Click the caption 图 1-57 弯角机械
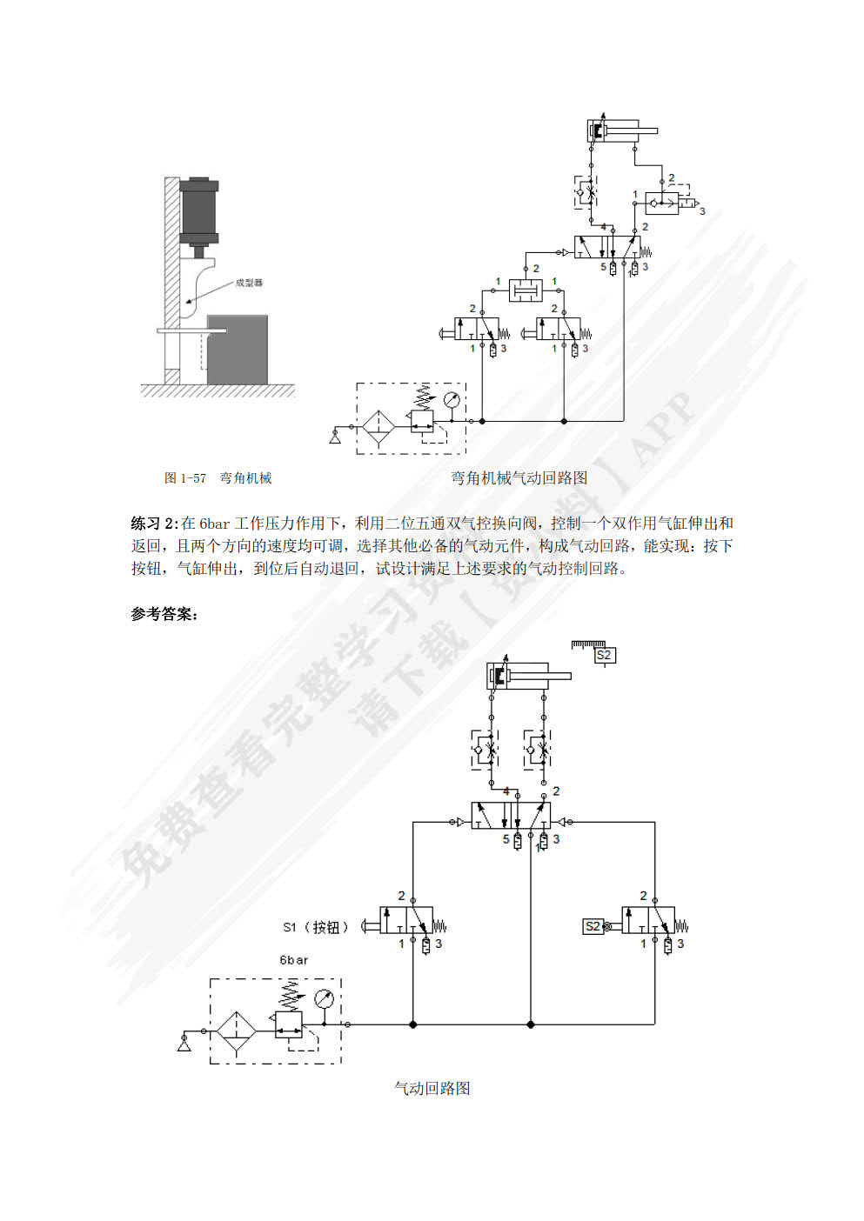(x=218, y=477)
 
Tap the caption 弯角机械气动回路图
(x=519, y=477)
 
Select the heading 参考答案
(x=164, y=614)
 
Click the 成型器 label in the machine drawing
(x=249, y=283)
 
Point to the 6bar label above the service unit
(x=293, y=960)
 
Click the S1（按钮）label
(x=315, y=927)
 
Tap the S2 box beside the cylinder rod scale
(x=604, y=655)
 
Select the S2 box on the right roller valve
(x=593, y=926)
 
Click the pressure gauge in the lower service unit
(x=325, y=997)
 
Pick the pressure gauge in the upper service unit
(x=451, y=400)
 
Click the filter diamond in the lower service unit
(x=237, y=1031)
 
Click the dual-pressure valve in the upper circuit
(x=525, y=290)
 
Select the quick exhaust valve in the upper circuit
(x=663, y=204)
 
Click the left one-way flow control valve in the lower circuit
(x=485, y=749)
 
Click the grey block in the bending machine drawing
(x=237, y=348)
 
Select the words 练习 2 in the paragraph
(x=153, y=524)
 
